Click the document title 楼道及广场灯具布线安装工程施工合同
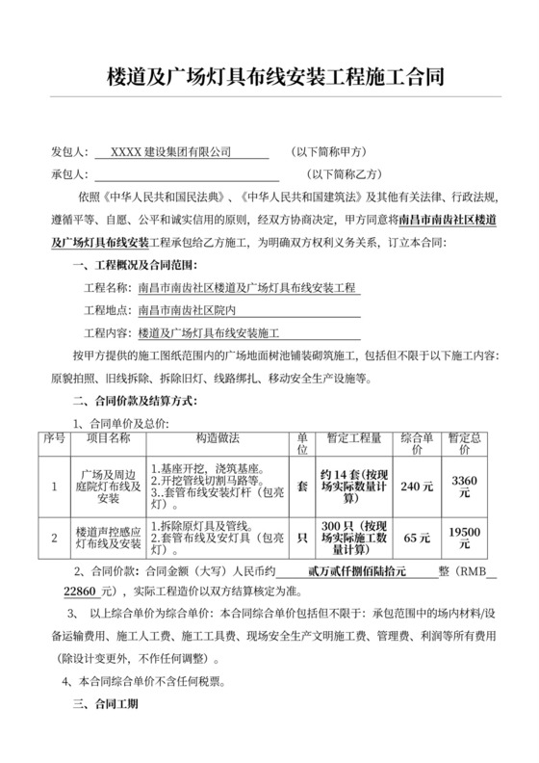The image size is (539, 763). tap(269, 76)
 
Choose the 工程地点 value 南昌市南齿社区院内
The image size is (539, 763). tap(195, 310)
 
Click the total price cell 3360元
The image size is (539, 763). tap(465, 487)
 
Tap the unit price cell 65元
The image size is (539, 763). tap(417, 539)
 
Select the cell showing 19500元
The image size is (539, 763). tap(465, 539)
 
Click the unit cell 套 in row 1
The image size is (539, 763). tap(302, 487)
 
